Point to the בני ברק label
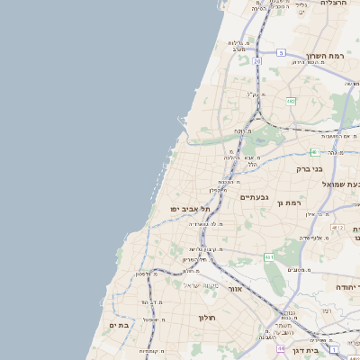[310, 168]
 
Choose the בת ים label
[119, 325]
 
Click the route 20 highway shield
[257, 61]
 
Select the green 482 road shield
[291, 102]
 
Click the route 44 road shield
[282, 347]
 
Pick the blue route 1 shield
[332, 348]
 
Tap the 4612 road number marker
[337, 229]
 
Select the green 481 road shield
[313, 152]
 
